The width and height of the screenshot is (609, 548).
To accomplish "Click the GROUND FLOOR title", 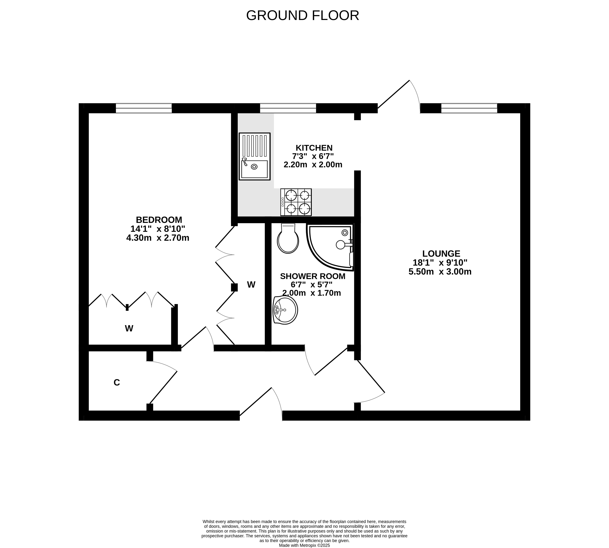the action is (303, 15).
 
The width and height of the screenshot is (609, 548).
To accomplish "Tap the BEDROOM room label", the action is (159, 220).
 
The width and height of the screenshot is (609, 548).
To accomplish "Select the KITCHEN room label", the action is (314, 148).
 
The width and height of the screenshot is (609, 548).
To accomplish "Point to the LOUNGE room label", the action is (441, 254).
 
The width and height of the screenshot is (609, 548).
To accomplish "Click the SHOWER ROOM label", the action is (312, 276).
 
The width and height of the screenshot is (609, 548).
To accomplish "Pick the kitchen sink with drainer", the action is (254, 156).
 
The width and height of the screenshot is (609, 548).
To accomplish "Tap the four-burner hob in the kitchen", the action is (296, 202).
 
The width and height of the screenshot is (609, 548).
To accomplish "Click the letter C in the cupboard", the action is (117, 382).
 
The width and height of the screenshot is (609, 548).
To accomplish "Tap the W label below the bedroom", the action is (129, 328).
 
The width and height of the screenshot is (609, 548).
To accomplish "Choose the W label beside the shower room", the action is (251, 285).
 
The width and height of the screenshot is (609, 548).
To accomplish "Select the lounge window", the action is (469, 108).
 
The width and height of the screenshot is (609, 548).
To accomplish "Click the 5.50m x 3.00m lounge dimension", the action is (440, 272).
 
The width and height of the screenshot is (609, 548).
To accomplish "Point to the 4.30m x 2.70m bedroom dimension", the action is (158, 238).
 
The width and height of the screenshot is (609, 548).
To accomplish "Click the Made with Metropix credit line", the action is (304, 545).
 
